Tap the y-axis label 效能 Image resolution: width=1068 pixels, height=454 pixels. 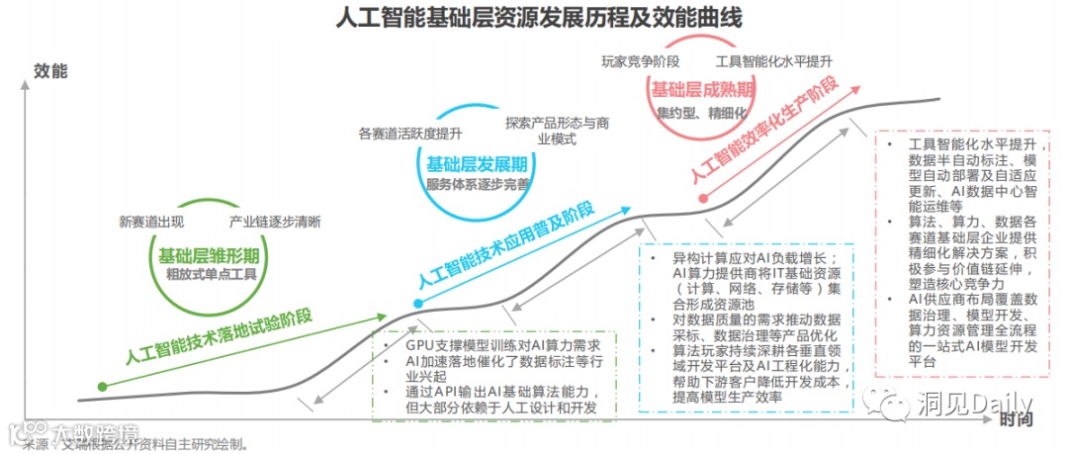[x=50, y=71]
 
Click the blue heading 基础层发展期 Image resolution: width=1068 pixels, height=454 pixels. [x=477, y=163]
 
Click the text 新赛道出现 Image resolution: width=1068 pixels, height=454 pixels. [x=150, y=222]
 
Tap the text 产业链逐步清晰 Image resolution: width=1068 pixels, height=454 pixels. [x=275, y=222]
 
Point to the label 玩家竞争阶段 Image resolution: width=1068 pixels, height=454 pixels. [x=640, y=61]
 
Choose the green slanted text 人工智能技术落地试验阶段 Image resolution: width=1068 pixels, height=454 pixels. [x=220, y=336]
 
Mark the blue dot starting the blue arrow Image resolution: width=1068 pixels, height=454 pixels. [x=418, y=303]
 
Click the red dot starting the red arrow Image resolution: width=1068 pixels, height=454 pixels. [x=702, y=197]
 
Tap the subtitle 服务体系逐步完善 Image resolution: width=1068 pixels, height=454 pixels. [x=477, y=184]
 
